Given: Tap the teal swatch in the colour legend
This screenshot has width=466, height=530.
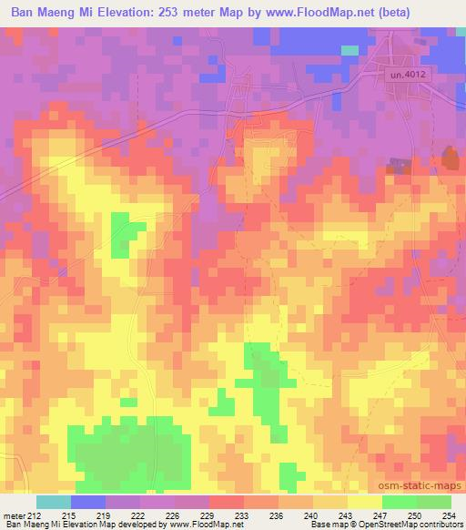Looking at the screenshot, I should (53, 502).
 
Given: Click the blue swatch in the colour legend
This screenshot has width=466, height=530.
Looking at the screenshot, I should (87, 502).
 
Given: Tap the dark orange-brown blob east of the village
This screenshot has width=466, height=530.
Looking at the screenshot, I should (450, 159).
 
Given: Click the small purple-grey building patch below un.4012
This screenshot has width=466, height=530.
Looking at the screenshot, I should (397, 165).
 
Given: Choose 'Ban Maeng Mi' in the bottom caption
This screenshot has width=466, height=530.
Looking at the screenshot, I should (30, 525).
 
